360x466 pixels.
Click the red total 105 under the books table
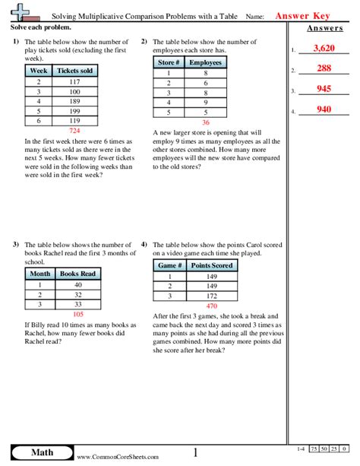[77, 313]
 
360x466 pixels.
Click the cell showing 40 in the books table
[77, 283]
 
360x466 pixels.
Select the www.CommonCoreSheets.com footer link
[118, 457]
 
